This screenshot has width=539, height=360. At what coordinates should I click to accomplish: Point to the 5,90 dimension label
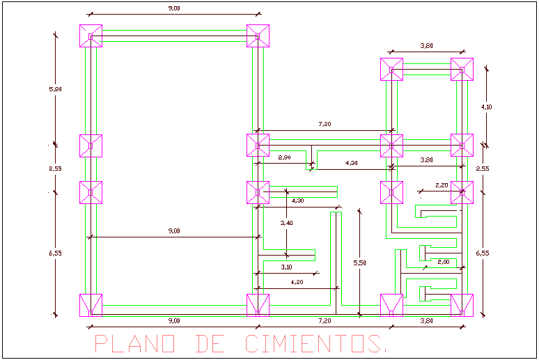(56, 88)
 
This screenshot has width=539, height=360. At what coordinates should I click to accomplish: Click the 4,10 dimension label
(486, 107)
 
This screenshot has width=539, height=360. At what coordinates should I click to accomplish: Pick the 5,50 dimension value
(359, 263)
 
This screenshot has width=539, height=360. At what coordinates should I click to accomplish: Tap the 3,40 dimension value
(286, 224)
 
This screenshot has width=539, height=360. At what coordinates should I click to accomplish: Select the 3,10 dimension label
(286, 267)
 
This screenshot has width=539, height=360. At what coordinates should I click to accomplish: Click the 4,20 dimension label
(297, 282)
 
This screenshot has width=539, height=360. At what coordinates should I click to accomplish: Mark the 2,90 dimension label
(284, 158)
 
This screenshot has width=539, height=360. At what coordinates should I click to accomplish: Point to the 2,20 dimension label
(442, 185)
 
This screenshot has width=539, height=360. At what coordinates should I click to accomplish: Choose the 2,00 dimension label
(444, 262)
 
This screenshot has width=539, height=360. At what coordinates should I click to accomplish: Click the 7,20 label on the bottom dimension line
(324, 320)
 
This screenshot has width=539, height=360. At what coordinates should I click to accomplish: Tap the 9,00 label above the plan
(173, 8)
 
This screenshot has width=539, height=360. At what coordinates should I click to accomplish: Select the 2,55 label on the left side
(56, 169)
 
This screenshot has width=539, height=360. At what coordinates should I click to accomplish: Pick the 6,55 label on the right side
(482, 253)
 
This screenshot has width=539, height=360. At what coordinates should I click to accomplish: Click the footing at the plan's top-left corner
(91, 36)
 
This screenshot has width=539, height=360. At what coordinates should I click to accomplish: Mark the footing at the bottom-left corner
(91, 305)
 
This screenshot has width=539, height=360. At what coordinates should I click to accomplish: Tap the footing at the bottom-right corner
(462, 305)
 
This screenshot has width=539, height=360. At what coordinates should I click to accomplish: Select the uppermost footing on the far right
(462, 69)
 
